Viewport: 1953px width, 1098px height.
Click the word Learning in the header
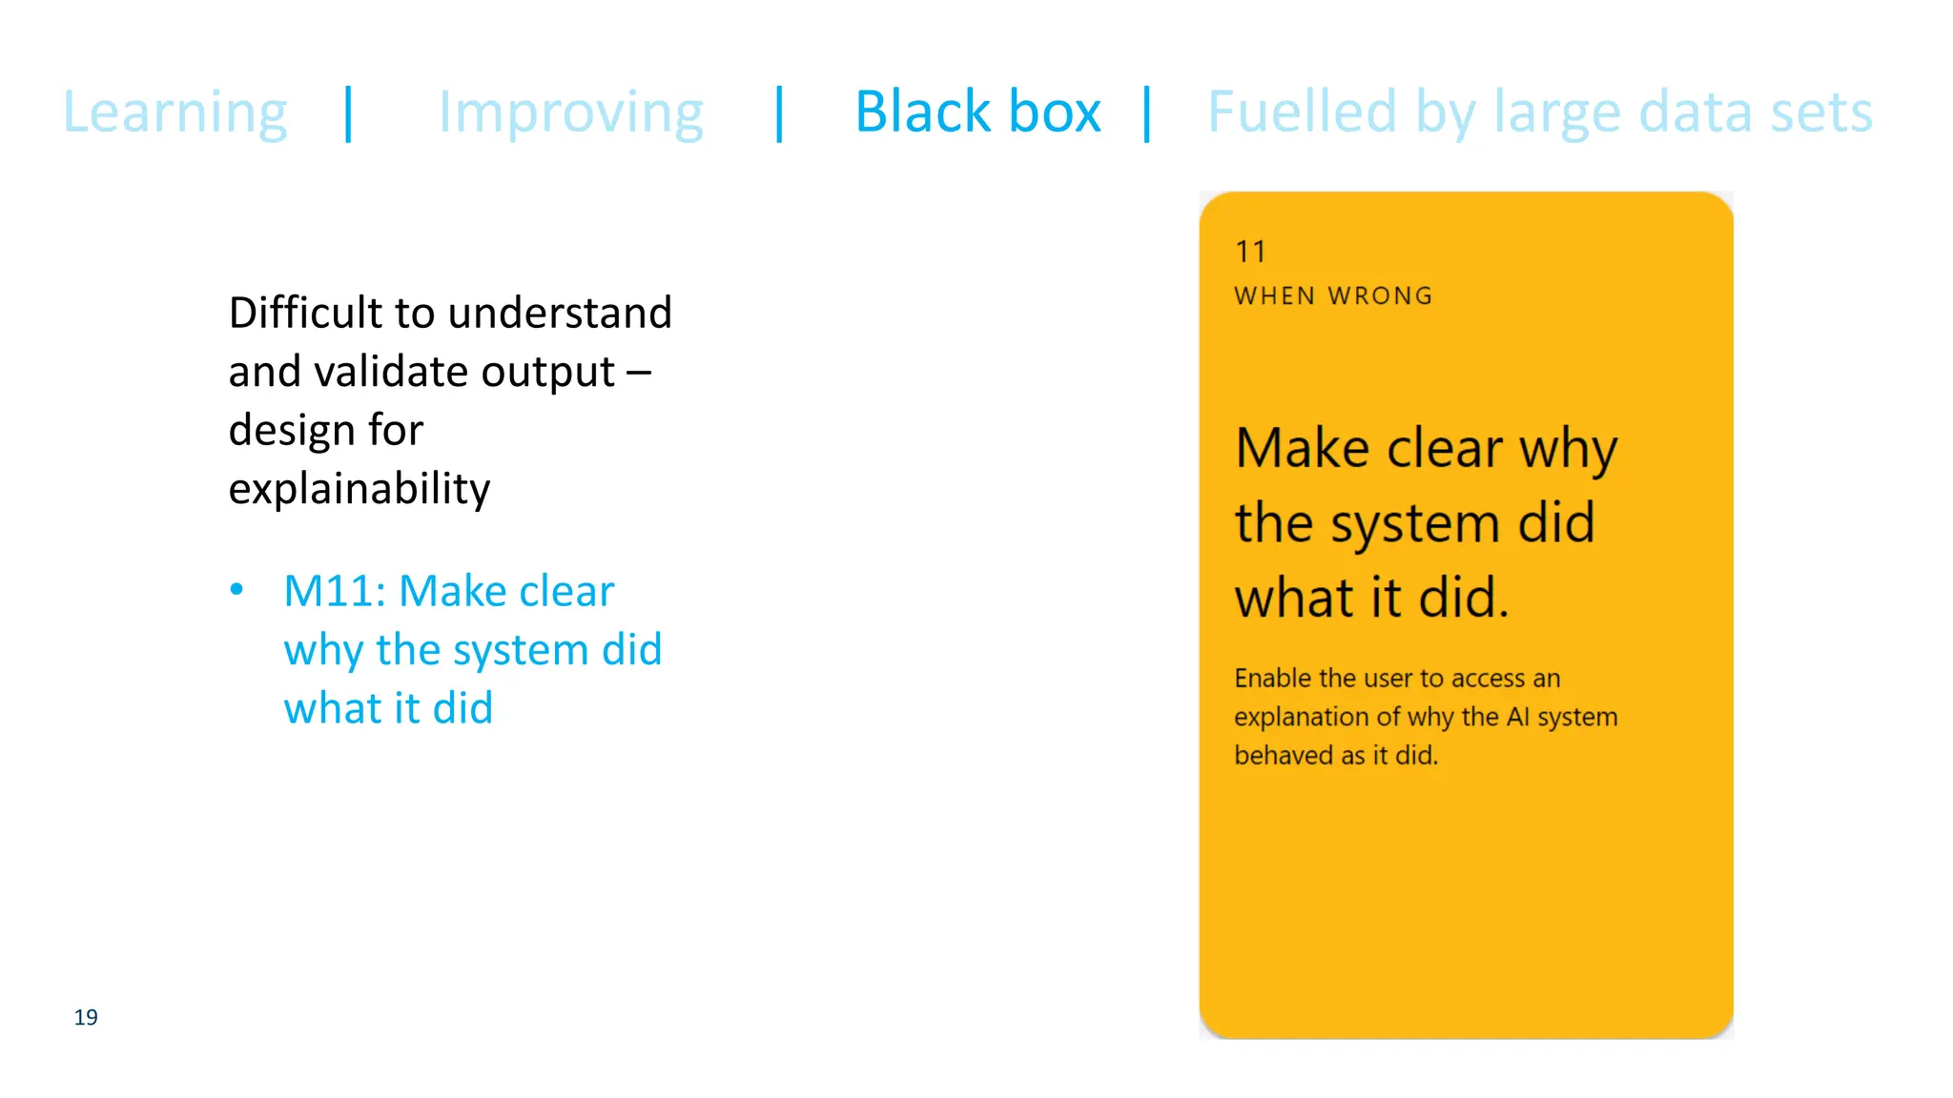click(x=175, y=113)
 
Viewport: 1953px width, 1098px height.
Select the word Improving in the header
click(x=570, y=113)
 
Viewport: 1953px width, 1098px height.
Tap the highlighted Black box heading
click(x=977, y=112)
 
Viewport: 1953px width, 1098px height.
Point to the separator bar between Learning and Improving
click(x=349, y=113)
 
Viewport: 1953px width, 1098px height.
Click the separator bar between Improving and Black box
click(x=780, y=113)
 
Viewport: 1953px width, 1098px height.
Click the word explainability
click(x=359, y=489)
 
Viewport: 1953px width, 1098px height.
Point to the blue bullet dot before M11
click(x=237, y=589)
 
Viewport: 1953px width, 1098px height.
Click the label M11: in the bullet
click(x=335, y=591)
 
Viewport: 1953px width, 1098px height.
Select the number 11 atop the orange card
click(x=1250, y=252)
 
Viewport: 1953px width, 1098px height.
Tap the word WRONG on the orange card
click(x=1380, y=296)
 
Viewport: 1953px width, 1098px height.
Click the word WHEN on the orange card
click(x=1275, y=296)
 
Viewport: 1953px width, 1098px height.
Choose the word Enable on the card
click(x=1273, y=678)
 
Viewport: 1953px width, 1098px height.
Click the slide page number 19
click(x=86, y=1017)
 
